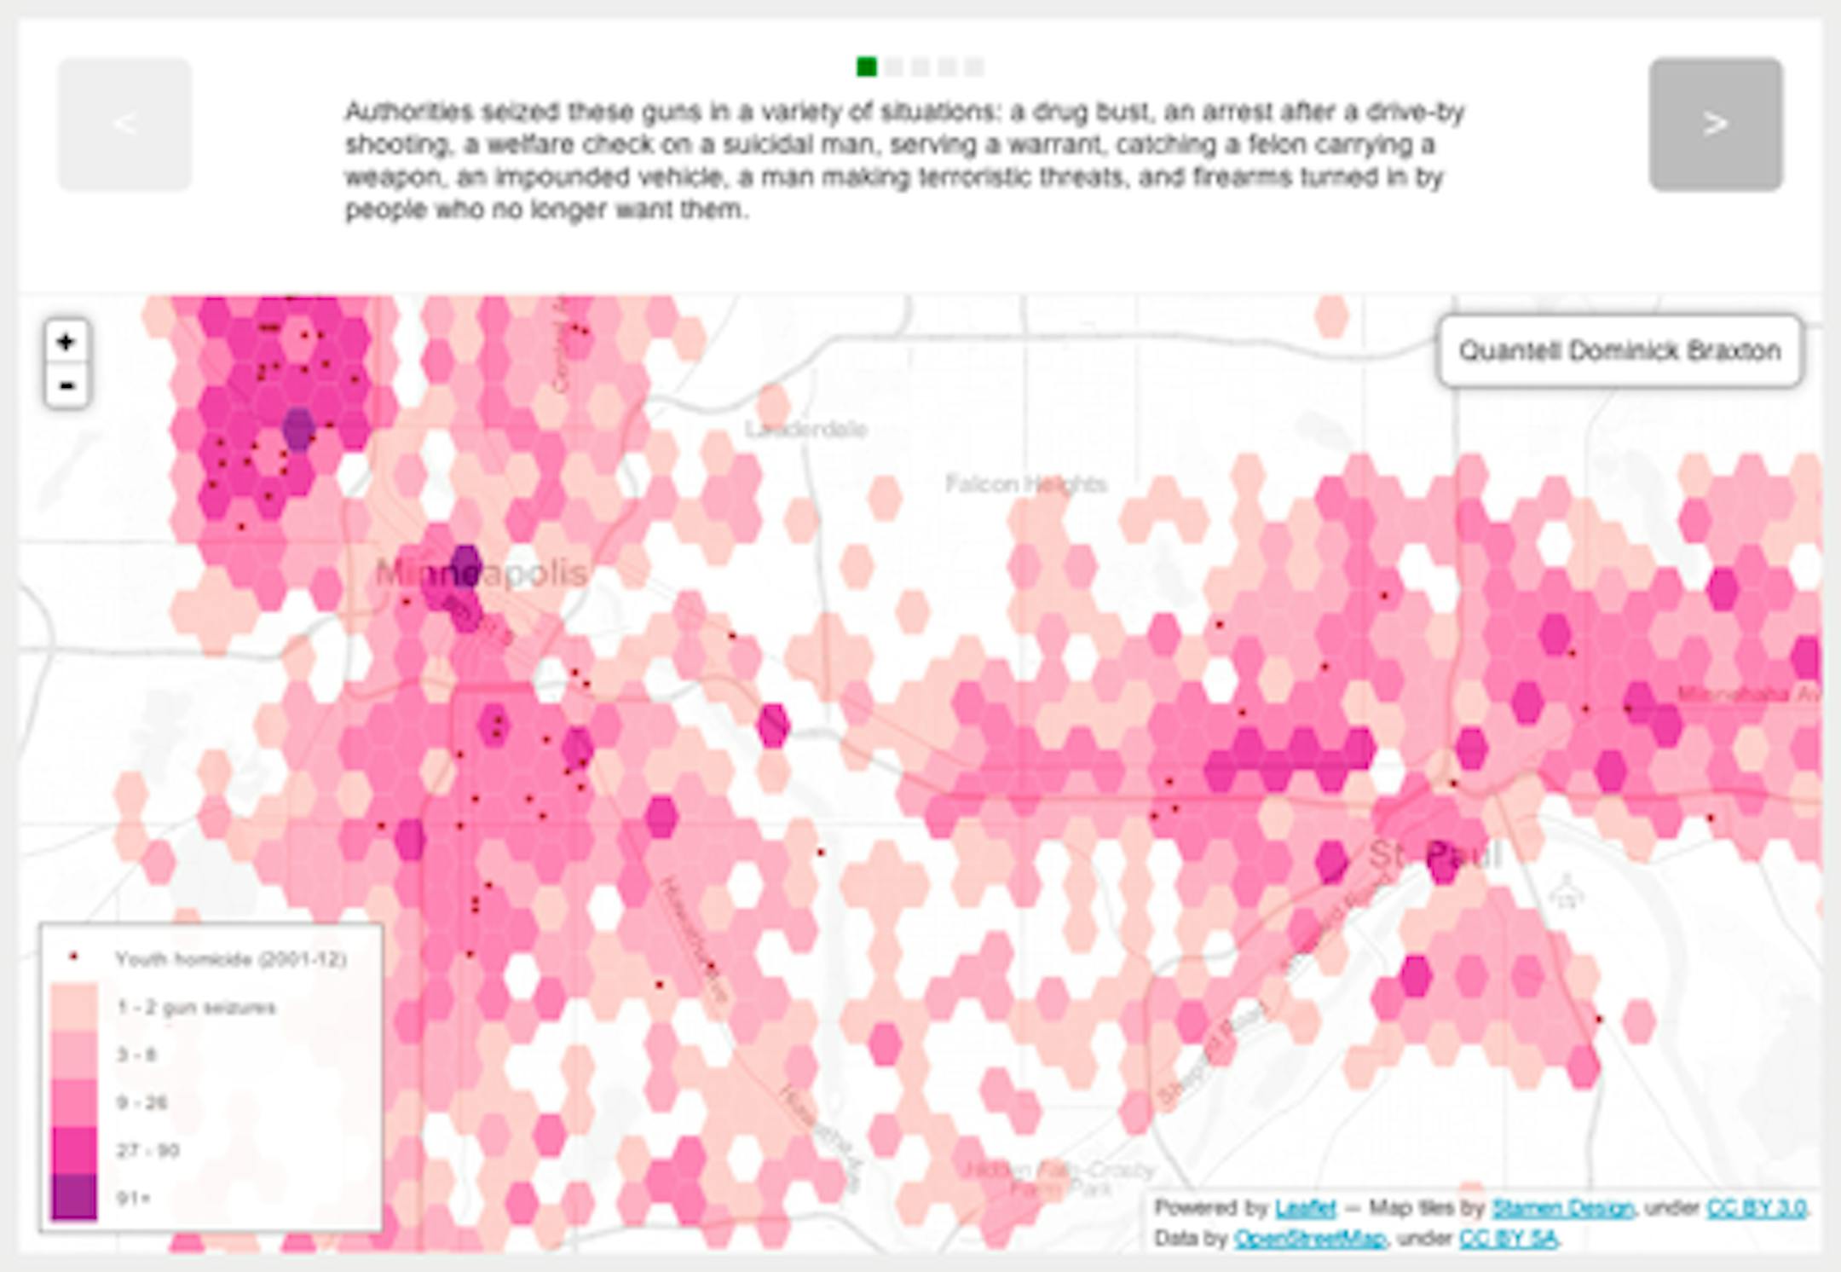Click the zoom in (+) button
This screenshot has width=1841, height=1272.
tap(66, 343)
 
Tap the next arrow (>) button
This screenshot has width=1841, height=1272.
tap(1715, 124)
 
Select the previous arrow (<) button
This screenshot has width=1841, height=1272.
tap(124, 124)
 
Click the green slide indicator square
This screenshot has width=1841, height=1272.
tap(866, 66)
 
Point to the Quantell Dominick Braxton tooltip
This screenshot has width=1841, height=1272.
tap(1619, 351)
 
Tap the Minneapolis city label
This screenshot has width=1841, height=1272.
tap(482, 573)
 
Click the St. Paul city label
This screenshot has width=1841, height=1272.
tap(1435, 854)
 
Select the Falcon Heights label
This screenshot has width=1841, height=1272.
tap(1026, 484)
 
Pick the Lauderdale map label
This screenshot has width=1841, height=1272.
tap(806, 429)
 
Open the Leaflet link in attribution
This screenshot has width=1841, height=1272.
tap(1305, 1208)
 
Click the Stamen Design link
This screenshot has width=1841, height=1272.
tap(1562, 1208)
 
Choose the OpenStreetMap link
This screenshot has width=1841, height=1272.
tap(1309, 1238)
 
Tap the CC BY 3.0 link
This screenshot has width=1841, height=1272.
tap(1756, 1208)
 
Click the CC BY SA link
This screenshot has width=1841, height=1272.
tap(1508, 1238)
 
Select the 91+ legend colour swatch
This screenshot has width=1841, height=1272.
tap(74, 1197)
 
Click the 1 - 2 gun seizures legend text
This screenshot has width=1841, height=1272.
tap(196, 1008)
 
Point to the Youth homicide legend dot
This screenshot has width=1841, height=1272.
tap(74, 958)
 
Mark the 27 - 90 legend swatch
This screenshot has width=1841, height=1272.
tap(74, 1150)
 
